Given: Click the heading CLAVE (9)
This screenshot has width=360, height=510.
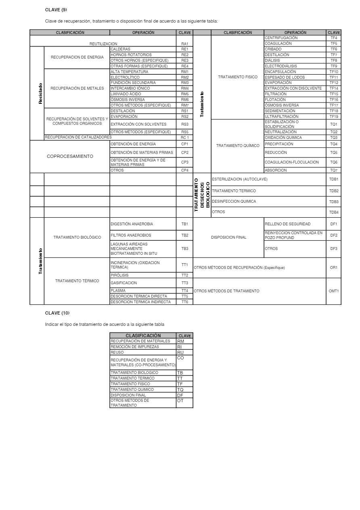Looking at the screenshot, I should (56, 10).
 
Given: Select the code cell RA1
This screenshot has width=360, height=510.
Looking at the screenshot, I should (184, 44).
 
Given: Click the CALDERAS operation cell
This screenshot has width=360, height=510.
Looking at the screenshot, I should (121, 49).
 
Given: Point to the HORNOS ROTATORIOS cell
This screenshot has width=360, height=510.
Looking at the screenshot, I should (131, 55).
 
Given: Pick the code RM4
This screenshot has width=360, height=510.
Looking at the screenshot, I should (184, 88).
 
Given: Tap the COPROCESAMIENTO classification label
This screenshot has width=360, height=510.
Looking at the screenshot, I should (70, 156).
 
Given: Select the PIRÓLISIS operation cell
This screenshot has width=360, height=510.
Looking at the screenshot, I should (120, 275).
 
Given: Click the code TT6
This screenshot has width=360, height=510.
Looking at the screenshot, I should (184, 302).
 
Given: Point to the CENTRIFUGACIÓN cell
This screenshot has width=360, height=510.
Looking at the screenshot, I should (281, 38).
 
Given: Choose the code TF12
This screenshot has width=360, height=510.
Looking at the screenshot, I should (333, 83).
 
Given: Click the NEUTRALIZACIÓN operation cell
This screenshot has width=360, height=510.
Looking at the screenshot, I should (280, 132).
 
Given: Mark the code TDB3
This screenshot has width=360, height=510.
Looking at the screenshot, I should (333, 201).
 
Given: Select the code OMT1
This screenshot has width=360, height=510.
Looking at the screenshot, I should (333, 291).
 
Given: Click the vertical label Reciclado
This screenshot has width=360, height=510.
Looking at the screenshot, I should (40, 94).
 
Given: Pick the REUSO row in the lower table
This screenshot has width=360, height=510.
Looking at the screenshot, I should (117, 353).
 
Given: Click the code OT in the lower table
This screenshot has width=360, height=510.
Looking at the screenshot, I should (180, 401).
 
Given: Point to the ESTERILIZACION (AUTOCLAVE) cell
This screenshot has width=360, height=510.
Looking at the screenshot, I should (239, 179).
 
